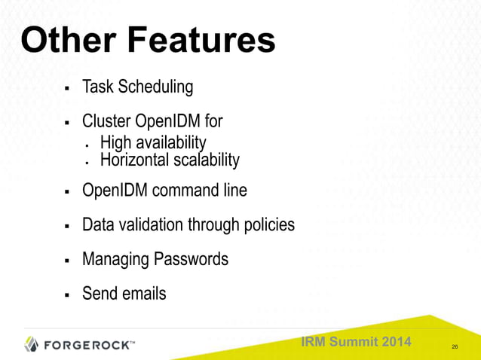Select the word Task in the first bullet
[x=97, y=87]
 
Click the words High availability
[x=153, y=142]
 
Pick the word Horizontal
[x=136, y=160]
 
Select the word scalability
[x=207, y=160]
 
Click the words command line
[x=200, y=191]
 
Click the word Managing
[x=115, y=260]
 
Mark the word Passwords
[x=191, y=259]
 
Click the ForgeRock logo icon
[x=31, y=344]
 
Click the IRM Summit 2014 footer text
[x=356, y=342]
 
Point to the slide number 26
[x=455, y=346]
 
